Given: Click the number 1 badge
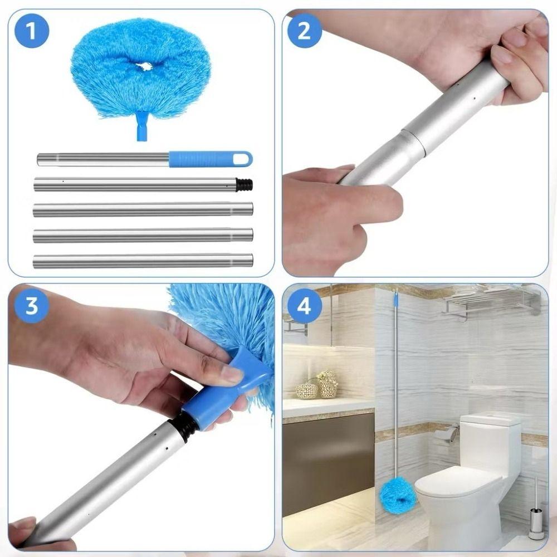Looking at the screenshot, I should point(32,31).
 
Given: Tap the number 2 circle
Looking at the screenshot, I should point(304,31).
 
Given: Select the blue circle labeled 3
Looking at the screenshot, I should point(32,306).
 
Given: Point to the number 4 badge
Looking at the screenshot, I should point(304,306).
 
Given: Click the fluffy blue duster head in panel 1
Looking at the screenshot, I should point(140,67).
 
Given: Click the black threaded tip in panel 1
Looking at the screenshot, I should point(244,185).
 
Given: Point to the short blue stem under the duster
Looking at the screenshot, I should point(142,127).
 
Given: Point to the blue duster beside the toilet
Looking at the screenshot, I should point(397,495).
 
